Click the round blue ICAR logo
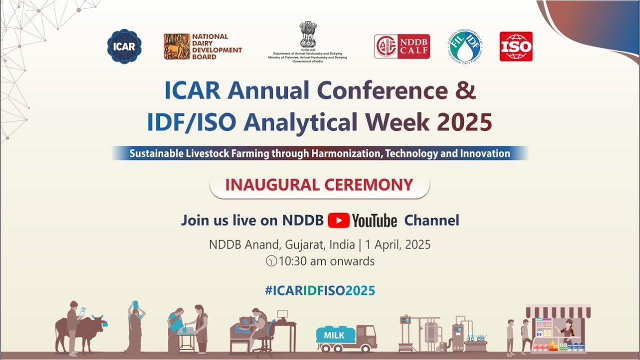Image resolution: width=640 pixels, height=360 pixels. [124, 46]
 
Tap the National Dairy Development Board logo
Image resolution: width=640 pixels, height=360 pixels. [202, 46]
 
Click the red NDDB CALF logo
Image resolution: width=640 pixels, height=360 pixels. [402, 46]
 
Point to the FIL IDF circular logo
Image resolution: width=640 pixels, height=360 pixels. [465, 46]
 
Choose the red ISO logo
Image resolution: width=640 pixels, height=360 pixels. [516, 46]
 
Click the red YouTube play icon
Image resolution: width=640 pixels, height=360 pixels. [338, 220]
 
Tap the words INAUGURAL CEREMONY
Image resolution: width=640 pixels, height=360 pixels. [319, 185]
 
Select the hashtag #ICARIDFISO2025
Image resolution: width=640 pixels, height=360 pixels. [319, 290]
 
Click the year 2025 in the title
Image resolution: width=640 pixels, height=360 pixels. [464, 122]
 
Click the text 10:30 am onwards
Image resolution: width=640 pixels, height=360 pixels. [326, 261]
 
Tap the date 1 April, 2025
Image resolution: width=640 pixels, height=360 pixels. [397, 245]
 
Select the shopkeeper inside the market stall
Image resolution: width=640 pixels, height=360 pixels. [567, 330]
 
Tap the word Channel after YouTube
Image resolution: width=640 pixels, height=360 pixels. [431, 220]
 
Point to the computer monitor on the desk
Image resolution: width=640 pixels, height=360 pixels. [282, 315]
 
